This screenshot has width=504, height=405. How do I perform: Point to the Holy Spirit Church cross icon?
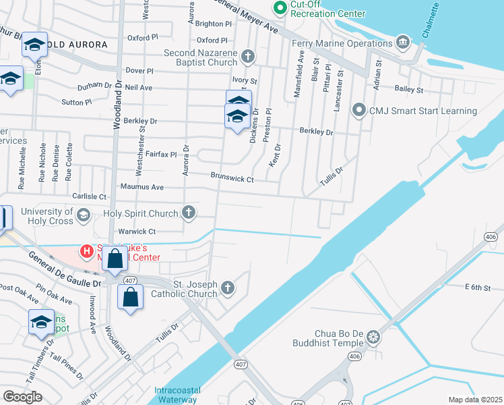(x=189, y=213)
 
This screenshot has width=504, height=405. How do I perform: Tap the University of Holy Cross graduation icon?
(x=83, y=215)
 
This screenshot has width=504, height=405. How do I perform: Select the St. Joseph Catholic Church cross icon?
(x=228, y=288)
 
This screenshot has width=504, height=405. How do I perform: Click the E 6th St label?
(x=477, y=288)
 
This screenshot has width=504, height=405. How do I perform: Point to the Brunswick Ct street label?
(x=232, y=180)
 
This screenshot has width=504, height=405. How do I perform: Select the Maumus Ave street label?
(x=142, y=186)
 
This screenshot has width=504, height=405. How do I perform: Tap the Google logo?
(x=22, y=397)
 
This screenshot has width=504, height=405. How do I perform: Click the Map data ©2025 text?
(x=474, y=400)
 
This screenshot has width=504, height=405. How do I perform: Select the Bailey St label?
(x=409, y=89)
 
